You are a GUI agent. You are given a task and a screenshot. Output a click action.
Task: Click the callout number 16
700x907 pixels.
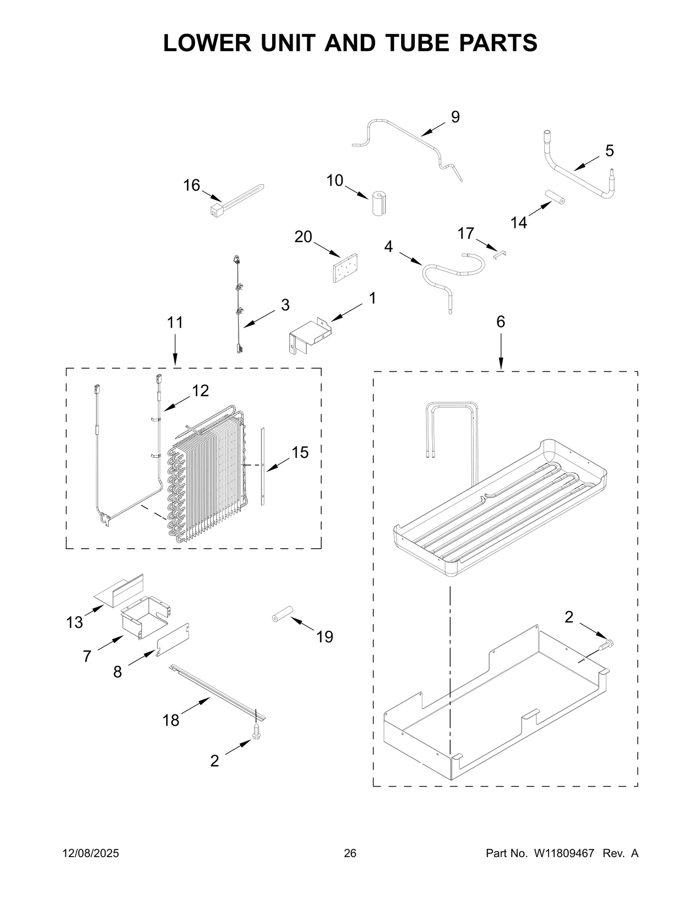click(x=192, y=186)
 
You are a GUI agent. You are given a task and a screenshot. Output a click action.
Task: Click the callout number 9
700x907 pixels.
click(x=455, y=117)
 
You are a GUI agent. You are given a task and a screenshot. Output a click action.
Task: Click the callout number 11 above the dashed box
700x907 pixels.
click(x=175, y=323)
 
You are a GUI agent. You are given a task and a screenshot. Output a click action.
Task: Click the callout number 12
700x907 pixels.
click(x=200, y=391)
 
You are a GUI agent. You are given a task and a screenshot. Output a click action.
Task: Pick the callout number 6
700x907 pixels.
click(x=500, y=322)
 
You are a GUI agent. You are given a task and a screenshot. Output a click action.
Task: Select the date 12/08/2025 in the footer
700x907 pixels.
click(x=91, y=854)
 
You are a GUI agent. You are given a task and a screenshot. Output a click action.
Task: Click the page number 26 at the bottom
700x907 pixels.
click(x=350, y=854)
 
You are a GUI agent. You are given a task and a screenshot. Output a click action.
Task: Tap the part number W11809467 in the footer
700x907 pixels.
click(x=563, y=854)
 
